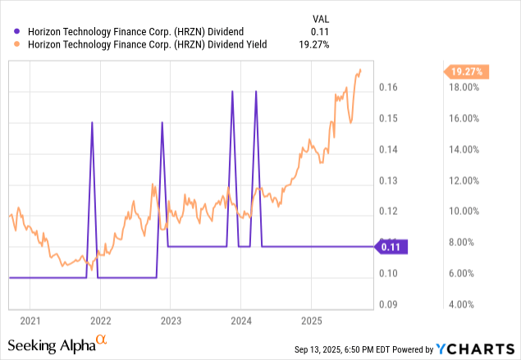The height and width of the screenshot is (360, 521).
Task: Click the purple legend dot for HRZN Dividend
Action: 16,31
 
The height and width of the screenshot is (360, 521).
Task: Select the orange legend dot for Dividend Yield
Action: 16,44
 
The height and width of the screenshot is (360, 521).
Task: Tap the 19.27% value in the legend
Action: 313,44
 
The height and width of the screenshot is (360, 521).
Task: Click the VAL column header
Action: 321,19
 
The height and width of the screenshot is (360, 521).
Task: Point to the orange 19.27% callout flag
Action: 466,71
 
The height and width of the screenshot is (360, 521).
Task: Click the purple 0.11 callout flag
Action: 391,247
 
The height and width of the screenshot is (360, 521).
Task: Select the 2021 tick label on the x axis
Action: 30,321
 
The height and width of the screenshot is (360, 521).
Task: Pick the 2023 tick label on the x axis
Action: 171,321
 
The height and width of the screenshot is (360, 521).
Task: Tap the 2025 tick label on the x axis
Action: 312,321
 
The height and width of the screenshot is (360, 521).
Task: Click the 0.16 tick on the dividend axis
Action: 388,87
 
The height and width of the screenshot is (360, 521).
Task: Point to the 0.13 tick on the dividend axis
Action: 388,180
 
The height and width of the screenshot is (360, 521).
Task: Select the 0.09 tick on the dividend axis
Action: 388,304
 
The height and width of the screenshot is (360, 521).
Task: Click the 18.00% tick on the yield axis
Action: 464,88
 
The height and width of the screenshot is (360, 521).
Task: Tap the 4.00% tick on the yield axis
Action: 461,304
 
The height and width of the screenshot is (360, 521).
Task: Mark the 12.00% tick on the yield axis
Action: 464,180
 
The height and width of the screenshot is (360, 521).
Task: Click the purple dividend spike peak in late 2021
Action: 92,122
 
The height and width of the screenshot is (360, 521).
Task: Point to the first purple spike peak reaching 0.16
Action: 232,91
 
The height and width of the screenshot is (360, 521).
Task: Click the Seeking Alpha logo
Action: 57,344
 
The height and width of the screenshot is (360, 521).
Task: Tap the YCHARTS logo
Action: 475,349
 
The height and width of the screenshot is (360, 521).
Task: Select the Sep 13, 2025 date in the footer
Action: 318,349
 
